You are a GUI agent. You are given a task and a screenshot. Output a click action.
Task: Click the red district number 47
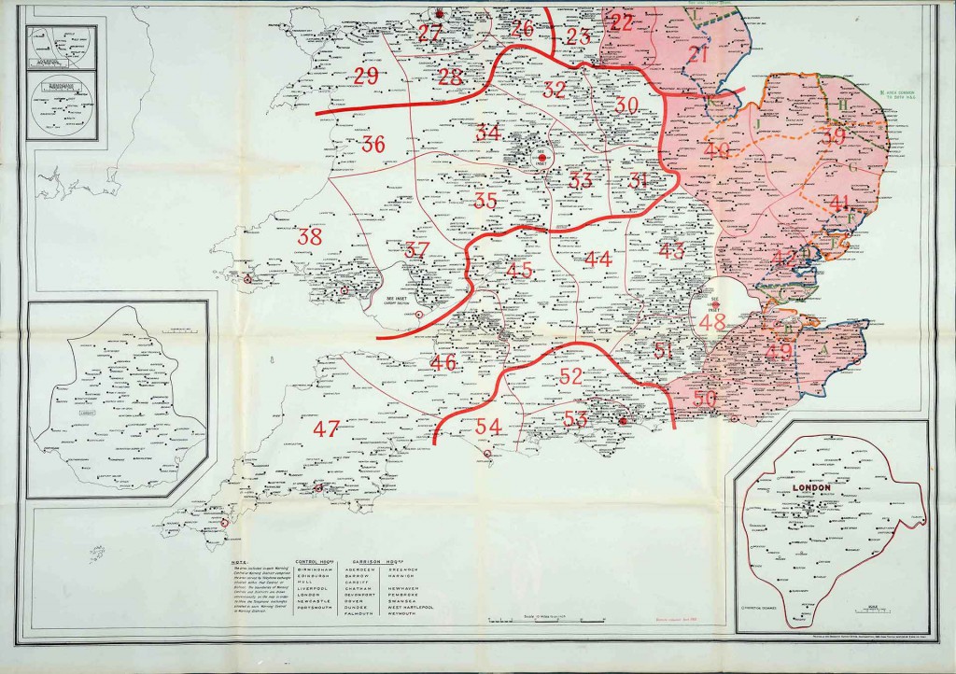pyautogui.click(x=326, y=429)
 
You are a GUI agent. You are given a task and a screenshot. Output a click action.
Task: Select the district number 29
pyautogui.click(x=365, y=77)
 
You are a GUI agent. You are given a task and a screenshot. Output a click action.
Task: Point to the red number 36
pyautogui.click(x=373, y=145)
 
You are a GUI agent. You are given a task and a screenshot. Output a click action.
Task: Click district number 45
pyautogui.click(x=519, y=270)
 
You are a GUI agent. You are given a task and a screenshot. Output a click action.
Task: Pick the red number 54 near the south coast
pyautogui.click(x=488, y=426)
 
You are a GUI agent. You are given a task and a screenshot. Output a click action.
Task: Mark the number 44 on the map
pyautogui.click(x=597, y=259)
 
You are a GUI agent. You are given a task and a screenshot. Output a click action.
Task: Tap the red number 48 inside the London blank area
pyautogui.click(x=712, y=323)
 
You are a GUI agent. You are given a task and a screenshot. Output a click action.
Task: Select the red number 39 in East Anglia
pyautogui.click(x=833, y=136)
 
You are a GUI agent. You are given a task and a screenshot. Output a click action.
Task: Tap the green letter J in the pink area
pyautogui.click(x=759, y=122)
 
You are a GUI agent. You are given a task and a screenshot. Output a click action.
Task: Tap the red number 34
pyautogui.click(x=488, y=133)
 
